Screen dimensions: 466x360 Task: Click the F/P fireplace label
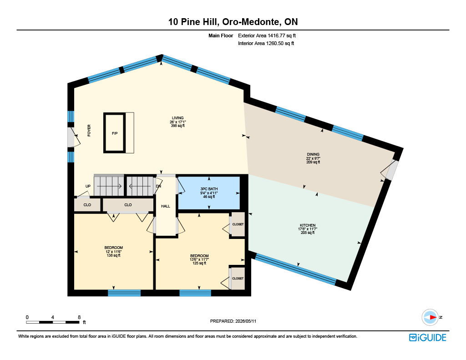pyautogui.click(x=115, y=133)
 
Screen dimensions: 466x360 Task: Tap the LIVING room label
pyautogui.click(x=178, y=118)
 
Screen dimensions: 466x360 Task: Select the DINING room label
pyautogui.click(x=313, y=154)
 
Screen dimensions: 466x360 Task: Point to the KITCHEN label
pyautogui.click(x=308, y=225)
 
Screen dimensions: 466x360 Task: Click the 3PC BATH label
pyautogui.click(x=209, y=189)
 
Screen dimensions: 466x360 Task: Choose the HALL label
pyautogui.click(x=166, y=206)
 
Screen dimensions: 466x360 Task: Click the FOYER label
pyautogui.click(x=89, y=131)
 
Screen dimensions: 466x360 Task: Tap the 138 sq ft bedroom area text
pyautogui.click(x=113, y=255)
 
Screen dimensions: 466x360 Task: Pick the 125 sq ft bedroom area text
pyautogui.click(x=199, y=263)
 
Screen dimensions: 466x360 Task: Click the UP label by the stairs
pyautogui.click(x=88, y=187)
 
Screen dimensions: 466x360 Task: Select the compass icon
pyautogui.click(x=430, y=318)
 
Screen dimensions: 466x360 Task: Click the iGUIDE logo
pyautogui.click(x=428, y=337)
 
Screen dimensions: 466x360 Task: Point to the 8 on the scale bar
pyautogui.click(x=79, y=317)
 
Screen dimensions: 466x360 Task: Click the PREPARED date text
pyautogui.click(x=233, y=321)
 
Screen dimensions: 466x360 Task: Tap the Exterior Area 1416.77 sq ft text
pyautogui.click(x=267, y=35)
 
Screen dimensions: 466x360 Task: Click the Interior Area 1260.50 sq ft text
pyautogui.click(x=266, y=43)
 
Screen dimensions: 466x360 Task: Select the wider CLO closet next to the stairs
pyautogui.click(x=128, y=205)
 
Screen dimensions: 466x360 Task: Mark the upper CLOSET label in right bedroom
pyautogui.click(x=238, y=224)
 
